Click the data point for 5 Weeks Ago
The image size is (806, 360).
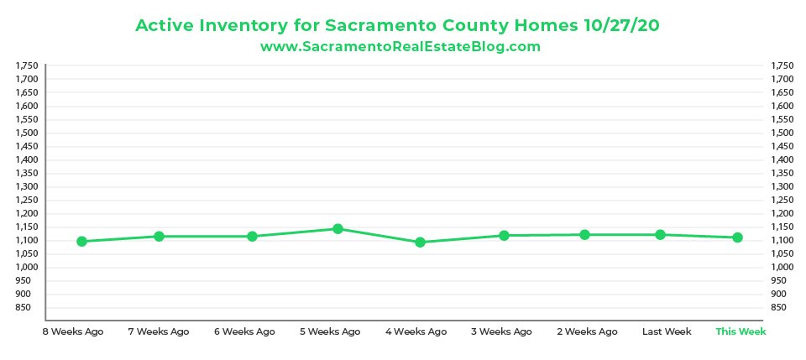click(338, 228)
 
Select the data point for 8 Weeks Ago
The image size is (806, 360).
click(81, 241)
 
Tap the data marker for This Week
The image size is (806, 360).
click(737, 237)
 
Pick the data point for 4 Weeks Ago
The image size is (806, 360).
click(420, 243)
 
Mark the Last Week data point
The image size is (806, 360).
click(660, 235)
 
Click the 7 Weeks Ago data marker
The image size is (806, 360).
click(159, 236)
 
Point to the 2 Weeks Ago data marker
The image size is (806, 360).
click(584, 235)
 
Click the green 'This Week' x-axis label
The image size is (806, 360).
click(741, 331)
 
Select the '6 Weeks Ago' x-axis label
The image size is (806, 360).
click(244, 331)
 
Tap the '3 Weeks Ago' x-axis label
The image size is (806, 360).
click(501, 331)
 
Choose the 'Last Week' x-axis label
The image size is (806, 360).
click(667, 331)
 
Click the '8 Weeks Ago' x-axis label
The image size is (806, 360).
click(73, 331)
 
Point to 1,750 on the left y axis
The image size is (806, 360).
click(28, 65)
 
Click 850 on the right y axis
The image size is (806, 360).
click(780, 307)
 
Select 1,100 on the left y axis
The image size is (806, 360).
click(28, 240)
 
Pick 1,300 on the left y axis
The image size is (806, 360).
click(28, 186)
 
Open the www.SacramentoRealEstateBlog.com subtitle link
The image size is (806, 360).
click(400, 47)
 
